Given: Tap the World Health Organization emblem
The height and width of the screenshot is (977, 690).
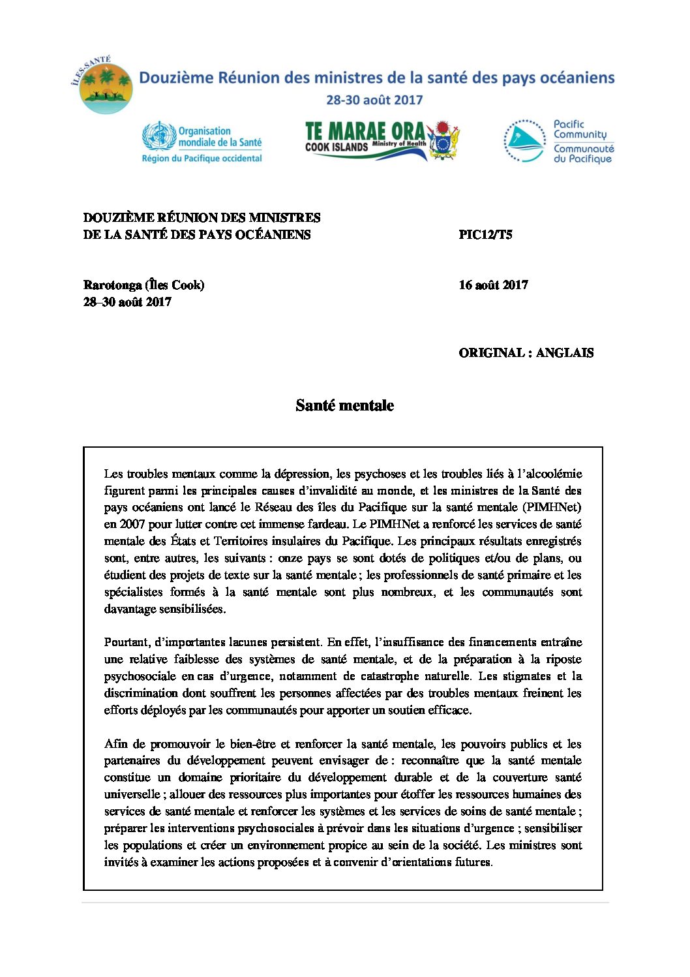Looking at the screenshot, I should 159,136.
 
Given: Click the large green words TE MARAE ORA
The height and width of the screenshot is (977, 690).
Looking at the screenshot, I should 365,131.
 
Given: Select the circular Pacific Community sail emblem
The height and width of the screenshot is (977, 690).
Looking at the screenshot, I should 524,141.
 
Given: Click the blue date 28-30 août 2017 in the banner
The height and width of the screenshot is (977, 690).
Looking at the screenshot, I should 374,101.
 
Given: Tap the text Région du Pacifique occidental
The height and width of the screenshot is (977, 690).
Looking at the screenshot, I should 202,159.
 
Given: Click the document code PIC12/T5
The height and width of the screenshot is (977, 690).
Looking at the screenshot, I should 485,235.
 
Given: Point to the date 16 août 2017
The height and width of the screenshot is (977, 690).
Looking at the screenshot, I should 493,285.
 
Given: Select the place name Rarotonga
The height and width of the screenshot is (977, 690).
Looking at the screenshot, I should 112,285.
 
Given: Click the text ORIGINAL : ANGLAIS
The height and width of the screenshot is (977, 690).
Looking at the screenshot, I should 526,353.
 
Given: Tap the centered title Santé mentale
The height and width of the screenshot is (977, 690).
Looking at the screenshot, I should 344,405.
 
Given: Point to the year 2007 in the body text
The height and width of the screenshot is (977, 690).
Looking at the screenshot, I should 132,524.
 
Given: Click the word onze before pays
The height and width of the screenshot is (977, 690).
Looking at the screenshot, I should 291,558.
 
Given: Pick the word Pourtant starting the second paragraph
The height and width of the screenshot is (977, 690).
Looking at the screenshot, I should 126,642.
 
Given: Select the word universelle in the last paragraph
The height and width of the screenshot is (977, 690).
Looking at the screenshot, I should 132,794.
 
